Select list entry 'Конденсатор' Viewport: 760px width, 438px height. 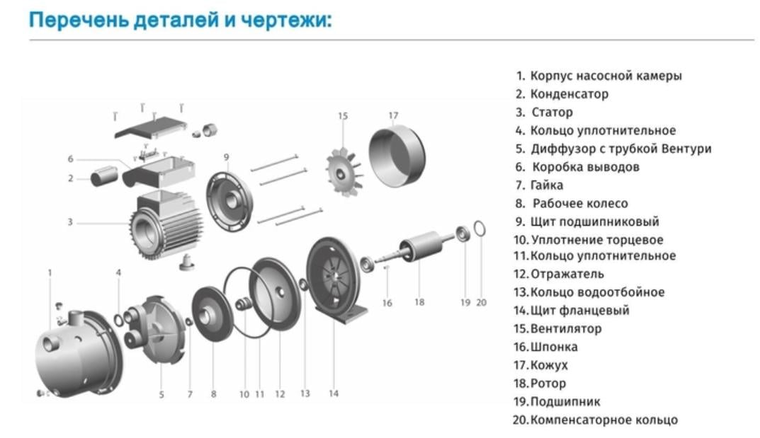point(569,94)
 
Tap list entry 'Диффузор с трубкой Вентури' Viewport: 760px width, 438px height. point(620,149)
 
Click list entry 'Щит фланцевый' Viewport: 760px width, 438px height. point(579,311)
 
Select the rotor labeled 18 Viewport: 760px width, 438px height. point(422,248)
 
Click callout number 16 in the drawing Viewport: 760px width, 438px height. point(387,303)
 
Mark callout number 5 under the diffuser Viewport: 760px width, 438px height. point(161,395)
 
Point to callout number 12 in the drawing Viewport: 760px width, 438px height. point(280,394)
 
